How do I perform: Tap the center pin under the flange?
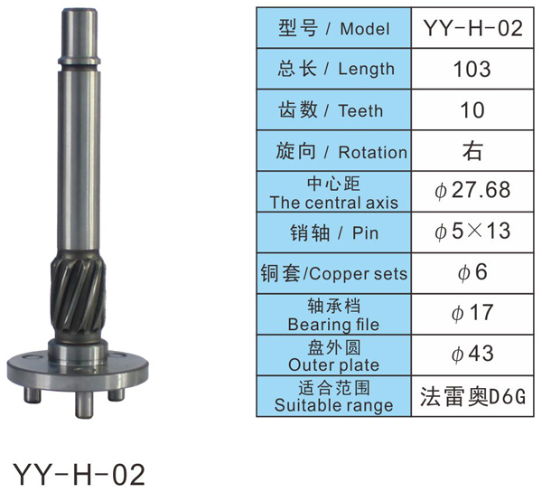coord(85,405)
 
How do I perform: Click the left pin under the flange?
coord(33,394)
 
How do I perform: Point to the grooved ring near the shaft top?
coord(79,61)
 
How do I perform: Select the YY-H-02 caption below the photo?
coord(79,474)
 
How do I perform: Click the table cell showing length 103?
coord(472,69)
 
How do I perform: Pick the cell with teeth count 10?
coord(472,110)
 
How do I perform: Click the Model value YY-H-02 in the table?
coord(472,28)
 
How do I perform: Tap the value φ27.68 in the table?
coord(472,190)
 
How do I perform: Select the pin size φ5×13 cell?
coord(472,232)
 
